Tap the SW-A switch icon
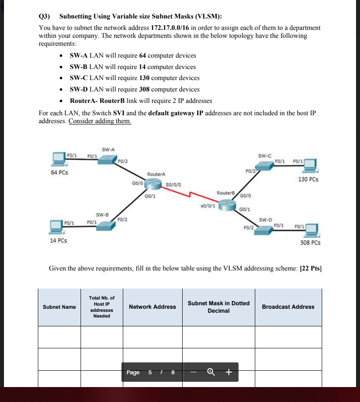tap(107, 159)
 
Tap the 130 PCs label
tap(308, 179)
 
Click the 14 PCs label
tap(59, 241)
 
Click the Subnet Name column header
tap(59, 307)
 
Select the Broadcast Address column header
tap(288, 307)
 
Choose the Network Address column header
tap(152, 307)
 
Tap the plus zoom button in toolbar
tap(228, 373)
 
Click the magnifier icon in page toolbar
tap(212, 373)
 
